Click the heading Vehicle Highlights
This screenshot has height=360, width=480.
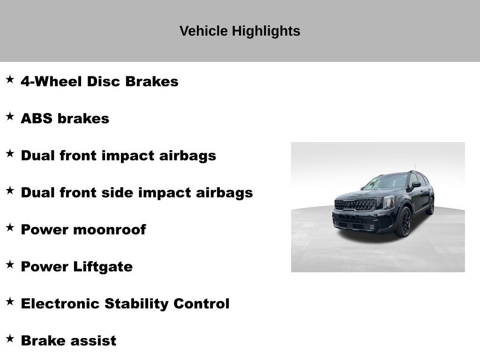point(240,31)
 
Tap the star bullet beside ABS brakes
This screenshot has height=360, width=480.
point(10,117)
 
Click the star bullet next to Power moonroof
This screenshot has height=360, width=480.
point(10,228)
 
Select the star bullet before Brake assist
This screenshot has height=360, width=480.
point(10,339)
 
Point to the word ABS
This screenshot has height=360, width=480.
point(37,119)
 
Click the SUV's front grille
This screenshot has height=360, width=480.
point(355,204)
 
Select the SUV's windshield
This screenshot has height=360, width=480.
point(387,181)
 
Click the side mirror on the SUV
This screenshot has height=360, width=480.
point(415,185)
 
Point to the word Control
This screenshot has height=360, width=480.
point(201,304)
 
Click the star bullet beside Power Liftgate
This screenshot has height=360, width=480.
point(10,265)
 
